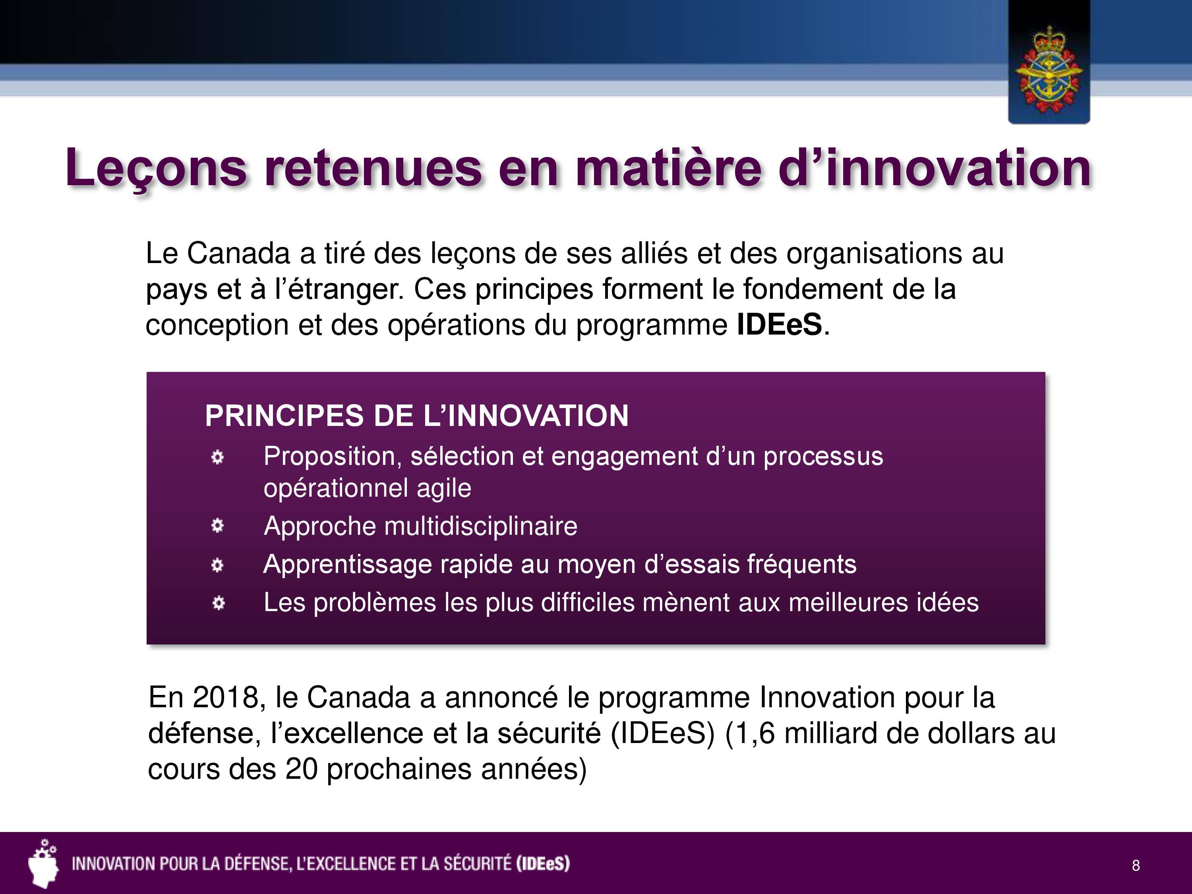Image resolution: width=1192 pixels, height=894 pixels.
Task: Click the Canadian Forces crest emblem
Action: point(1048,70)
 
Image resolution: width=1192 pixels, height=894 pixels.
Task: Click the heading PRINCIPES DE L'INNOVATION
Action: point(416,416)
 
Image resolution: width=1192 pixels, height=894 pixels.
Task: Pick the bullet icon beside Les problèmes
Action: point(218,603)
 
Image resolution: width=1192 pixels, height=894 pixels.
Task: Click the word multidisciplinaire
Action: point(481,526)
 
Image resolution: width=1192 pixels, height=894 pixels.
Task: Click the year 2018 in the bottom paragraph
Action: point(226,697)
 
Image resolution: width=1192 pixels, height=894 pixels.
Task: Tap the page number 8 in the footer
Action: point(1136,865)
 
